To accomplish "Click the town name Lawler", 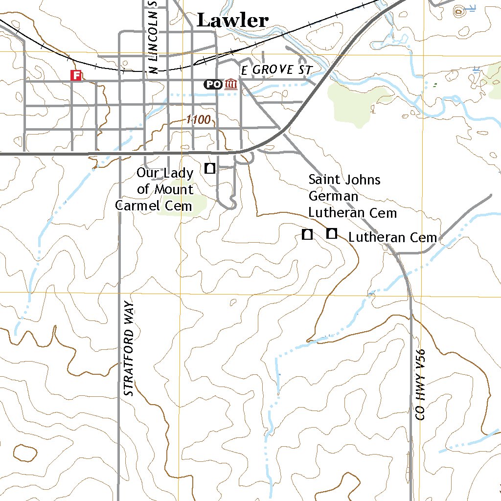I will (x=232, y=21).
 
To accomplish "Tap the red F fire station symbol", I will (x=76, y=75).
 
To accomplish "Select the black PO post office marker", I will (x=213, y=84).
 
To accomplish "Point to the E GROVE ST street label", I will (x=275, y=70).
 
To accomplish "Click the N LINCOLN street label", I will (x=153, y=37).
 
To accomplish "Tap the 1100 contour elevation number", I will (x=198, y=120).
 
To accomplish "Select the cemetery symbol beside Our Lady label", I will (x=210, y=168).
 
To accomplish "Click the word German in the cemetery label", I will (x=333, y=196).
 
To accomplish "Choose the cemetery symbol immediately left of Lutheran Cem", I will (x=332, y=234).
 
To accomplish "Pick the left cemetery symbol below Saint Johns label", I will (x=307, y=234).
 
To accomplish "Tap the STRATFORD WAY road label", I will (x=129, y=349).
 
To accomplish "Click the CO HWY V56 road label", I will (x=420, y=385).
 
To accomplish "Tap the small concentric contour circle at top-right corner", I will (x=459, y=11).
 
